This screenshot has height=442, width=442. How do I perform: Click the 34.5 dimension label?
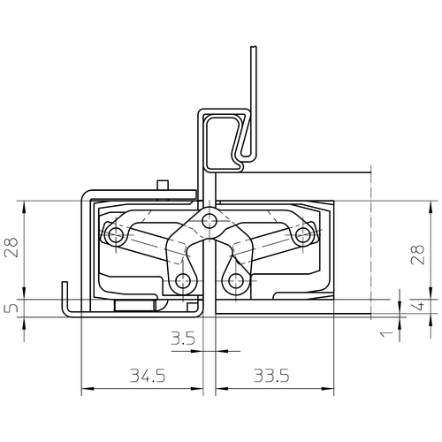tap(148, 376)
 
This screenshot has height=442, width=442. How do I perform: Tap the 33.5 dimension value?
tap(271, 376)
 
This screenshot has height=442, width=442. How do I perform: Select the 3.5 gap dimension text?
tap(183, 339)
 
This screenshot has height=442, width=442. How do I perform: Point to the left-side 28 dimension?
tap(11, 248)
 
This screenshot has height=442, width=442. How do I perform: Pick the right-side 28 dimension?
tap(417, 255)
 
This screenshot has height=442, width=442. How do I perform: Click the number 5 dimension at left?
tap(11, 308)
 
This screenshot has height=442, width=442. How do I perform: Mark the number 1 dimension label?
tap(386, 334)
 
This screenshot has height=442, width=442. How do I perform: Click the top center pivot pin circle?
tap(210, 220)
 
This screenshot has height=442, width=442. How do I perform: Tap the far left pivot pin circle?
tap(116, 235)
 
